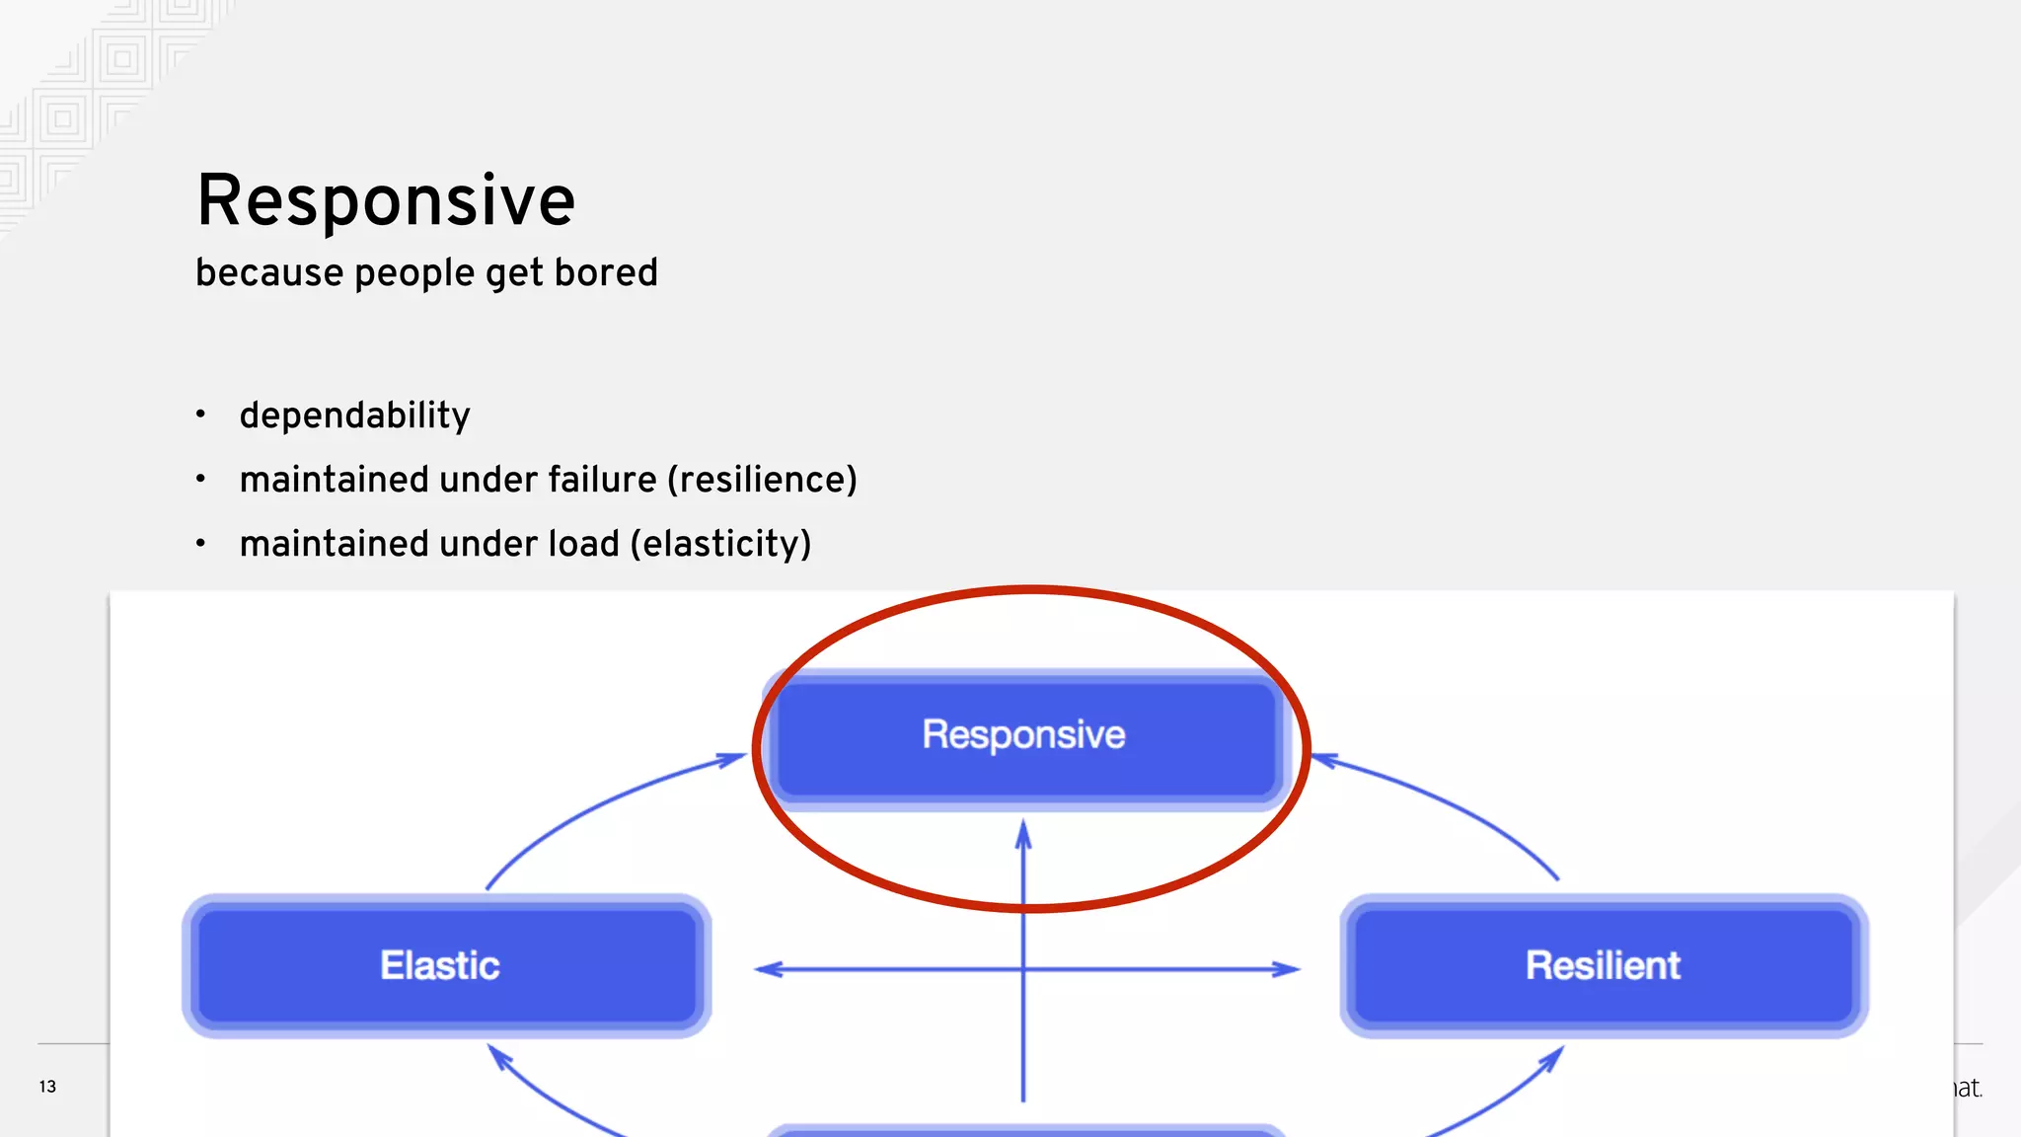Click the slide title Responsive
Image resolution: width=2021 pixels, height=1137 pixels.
point(385,201)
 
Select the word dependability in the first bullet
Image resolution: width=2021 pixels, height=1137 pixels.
point(354,416)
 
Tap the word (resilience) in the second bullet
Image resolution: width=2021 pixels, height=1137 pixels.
point(762,480)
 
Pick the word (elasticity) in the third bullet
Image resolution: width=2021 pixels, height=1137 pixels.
point(720,544)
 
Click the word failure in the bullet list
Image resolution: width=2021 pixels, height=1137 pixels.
point(602,480)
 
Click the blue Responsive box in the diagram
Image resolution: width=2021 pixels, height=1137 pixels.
point(1023,736)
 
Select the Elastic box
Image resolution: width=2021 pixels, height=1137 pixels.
point(446,965)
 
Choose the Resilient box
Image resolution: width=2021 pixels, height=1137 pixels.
point(1603,965)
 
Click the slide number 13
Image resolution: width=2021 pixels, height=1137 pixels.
point(47,1087)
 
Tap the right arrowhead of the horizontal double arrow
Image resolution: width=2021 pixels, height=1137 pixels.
point(1287,969)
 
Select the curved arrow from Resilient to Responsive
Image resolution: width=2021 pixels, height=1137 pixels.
point(1451,804)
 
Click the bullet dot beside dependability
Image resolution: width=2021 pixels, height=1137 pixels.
point(200,415)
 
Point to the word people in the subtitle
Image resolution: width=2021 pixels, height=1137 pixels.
point(414,272)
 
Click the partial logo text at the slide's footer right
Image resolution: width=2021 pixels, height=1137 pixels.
point(1968,1088)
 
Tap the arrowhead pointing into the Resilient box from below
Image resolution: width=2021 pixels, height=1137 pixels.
point(1553,1058)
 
